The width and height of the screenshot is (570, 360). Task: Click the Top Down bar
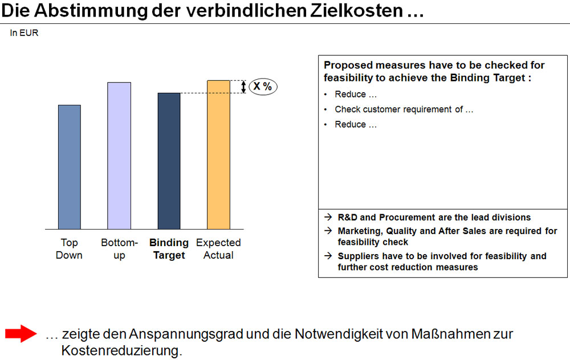tap(69, 167)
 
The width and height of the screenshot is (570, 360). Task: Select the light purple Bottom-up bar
tap(119, 156)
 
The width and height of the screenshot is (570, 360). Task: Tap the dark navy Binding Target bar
tap(169, 161)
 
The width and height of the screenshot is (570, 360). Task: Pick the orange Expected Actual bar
tap(218, 154)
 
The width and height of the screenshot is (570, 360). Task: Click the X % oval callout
tap(263, 87)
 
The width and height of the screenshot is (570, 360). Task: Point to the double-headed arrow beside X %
tap(244, 87)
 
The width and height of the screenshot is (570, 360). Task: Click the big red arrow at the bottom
tap(21, 334)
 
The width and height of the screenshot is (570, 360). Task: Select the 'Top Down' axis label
tap(69, 249)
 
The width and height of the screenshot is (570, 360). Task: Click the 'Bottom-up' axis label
tap(119, 249)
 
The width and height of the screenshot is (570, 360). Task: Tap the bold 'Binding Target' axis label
tap(169, 249)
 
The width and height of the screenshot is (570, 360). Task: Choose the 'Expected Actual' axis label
tap(218, 249)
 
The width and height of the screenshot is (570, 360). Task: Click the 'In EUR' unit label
tap(24, 33)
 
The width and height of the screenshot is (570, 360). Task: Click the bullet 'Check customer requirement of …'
tap(404, 109)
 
